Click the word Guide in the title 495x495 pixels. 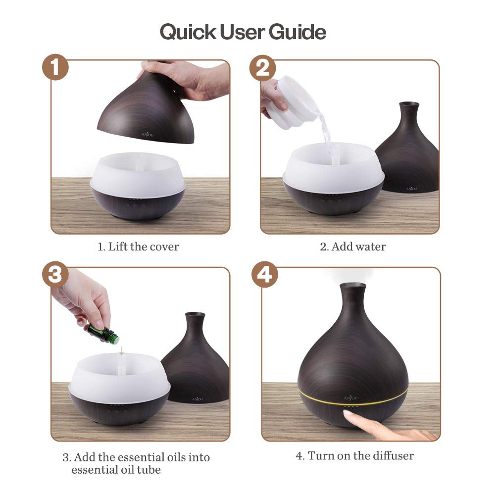point(297,32)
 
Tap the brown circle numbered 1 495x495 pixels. point(55,67)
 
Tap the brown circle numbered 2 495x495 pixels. point(263,68)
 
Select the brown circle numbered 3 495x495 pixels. point(55,274)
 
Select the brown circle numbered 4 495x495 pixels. point(265,274)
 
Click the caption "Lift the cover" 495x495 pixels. point(144,247)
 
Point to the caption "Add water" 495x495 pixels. point(358,247)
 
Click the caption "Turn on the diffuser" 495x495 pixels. point(360,455)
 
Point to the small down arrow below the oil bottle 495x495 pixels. point(121,350)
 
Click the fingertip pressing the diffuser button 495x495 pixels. point(348,414)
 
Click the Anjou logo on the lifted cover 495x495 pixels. point(147,135)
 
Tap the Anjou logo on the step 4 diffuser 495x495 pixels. point(351,398)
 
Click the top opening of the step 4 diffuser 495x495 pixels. point(352,286)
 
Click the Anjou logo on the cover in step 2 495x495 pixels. point(411,189)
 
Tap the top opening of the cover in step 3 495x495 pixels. point(195,314)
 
